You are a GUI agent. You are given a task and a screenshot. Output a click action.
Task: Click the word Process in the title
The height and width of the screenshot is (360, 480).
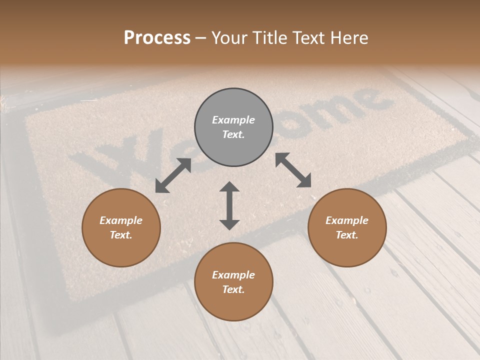coord(157,38)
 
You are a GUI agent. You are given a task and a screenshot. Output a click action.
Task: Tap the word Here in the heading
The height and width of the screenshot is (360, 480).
coord(348,38)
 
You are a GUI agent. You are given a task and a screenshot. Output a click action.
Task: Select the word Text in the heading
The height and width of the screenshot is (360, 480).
coord(306,38)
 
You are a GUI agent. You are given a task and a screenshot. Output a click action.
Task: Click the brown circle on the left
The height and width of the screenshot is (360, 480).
coord(121,227)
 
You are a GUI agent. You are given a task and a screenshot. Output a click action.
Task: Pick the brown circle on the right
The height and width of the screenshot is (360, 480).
coord(347,227)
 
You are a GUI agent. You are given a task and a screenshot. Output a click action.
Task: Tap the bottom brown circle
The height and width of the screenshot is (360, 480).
coord(233,282)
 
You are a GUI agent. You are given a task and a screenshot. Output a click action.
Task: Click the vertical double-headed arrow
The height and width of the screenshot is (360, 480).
coord(229,205)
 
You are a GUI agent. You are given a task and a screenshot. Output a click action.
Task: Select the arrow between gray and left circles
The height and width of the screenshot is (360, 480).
coord(173,175)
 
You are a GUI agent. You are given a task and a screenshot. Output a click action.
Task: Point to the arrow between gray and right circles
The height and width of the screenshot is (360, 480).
coord(293,170)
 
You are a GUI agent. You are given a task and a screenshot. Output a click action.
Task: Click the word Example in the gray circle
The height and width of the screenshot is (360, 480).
coord(233,120)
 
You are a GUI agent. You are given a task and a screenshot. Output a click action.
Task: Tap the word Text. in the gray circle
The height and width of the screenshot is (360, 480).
coord(233,134)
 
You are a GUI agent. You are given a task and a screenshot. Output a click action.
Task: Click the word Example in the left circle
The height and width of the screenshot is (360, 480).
coord(121,220)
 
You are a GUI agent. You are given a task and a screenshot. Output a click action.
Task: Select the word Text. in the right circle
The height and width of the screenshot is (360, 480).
coord(347,235)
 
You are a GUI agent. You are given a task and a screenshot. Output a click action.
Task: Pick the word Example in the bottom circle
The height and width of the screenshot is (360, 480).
coord(233,275)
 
